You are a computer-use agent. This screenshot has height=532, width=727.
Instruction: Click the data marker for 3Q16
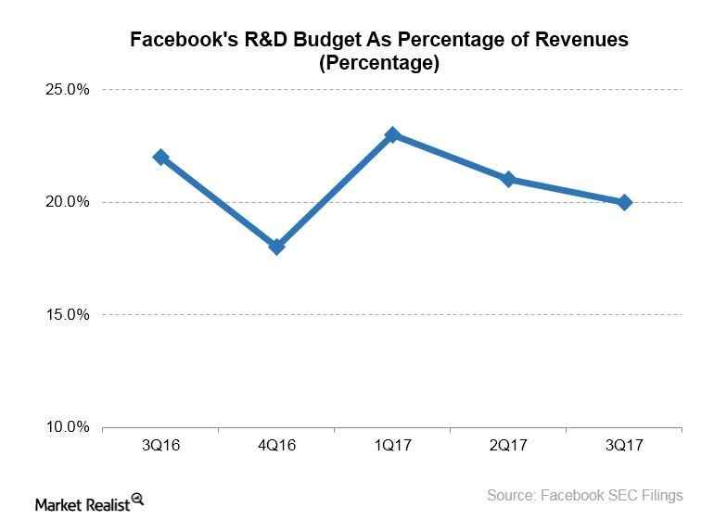click(160, 157)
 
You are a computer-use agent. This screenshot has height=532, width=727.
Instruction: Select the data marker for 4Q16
click(276, 247)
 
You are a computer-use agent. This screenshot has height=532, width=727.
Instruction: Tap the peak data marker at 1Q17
click(392, 134)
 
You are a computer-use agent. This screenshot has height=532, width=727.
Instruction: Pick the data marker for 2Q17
click(508, 179)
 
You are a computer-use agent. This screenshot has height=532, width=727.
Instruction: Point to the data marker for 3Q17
click(624, 202)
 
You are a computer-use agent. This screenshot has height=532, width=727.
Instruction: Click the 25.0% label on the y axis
click(66, 90)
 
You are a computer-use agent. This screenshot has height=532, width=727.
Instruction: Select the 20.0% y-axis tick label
click(66, 202)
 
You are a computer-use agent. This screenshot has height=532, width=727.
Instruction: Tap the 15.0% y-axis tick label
click(66, 315)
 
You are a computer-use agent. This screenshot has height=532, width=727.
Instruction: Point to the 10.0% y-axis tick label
click(66, 427)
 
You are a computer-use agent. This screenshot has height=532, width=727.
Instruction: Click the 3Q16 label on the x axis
click(160, 446)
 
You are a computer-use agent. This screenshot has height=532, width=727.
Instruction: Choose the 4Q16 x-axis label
click(276, 446)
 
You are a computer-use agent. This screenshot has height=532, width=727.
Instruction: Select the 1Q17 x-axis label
click(392, 446)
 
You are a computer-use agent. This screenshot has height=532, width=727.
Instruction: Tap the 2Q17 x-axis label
click(508, 446)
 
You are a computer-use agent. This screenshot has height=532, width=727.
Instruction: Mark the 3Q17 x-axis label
click(624, 446)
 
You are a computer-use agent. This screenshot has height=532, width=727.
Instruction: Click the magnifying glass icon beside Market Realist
click(137, 499)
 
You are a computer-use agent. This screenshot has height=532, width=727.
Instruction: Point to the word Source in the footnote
click(512, 496)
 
